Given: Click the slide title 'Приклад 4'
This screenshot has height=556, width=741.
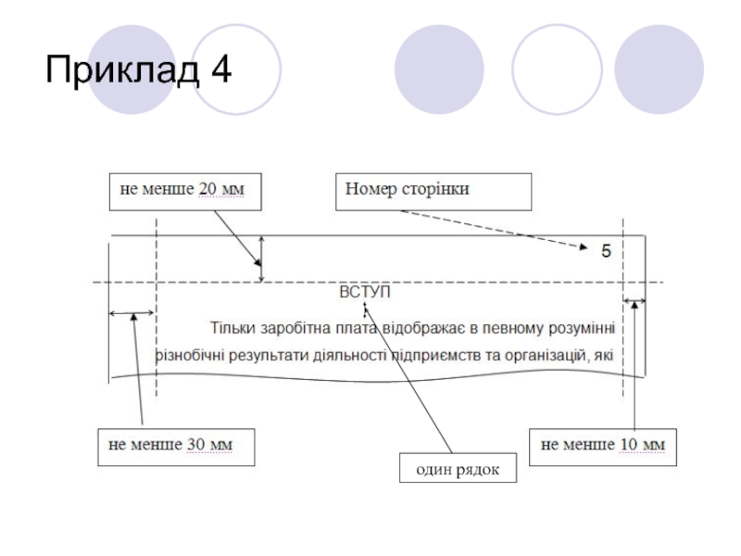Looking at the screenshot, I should coord(138,69).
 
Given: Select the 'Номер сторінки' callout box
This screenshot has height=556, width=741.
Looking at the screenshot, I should coord(433,190).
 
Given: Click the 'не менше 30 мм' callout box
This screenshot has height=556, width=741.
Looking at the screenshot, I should coord(176,445).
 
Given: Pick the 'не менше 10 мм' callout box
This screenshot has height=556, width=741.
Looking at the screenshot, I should coord(602,445).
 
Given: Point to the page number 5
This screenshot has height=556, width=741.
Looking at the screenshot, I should coord(606,250).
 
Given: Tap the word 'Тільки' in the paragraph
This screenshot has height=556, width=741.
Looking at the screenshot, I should coord(231,327).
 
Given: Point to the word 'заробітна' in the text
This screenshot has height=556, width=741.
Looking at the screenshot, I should coord(288,327).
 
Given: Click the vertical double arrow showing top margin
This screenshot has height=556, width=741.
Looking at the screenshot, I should coord(261,259).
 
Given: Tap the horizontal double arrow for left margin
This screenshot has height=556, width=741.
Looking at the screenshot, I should coord(132,314).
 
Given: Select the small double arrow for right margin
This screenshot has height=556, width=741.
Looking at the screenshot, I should coord(634,300).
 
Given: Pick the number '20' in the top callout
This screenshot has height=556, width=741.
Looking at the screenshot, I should coord(208,190).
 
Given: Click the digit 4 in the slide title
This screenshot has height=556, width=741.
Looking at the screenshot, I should coord(220,69).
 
